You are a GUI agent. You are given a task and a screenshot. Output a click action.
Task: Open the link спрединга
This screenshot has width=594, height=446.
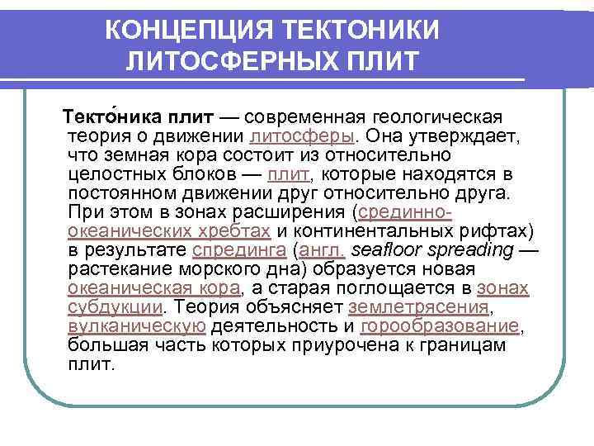pos(238,250)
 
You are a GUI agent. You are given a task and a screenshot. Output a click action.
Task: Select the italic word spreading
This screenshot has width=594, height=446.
pos(475,250)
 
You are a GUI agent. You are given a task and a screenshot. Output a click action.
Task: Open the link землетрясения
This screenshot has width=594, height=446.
pos(419,307)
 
